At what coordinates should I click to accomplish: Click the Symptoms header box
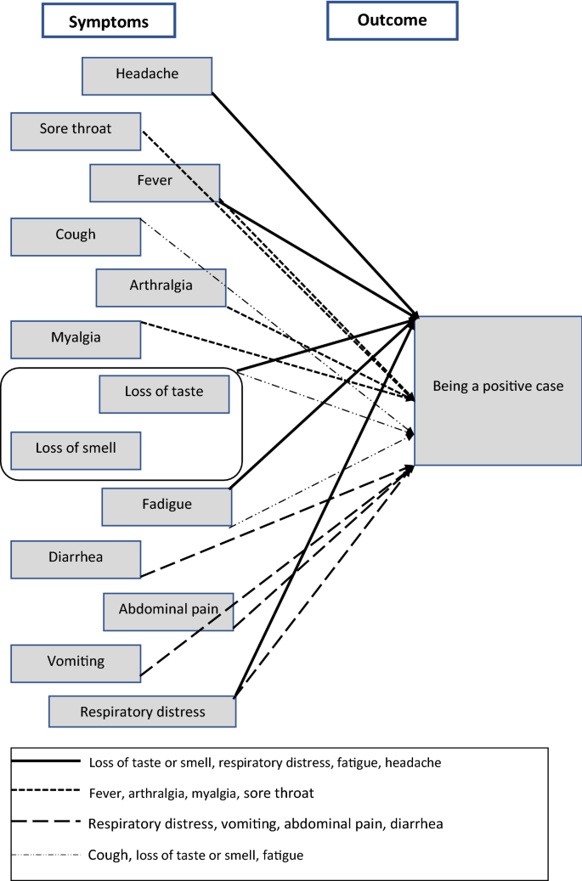109,21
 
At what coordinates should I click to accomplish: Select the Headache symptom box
147,74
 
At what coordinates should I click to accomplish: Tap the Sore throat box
76,130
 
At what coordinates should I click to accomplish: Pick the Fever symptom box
155,181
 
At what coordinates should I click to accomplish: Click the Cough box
76,235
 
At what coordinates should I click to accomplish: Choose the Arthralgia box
161,286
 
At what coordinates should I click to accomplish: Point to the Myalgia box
76,338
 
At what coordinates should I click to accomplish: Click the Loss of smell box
76,449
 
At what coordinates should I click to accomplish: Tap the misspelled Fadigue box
167,505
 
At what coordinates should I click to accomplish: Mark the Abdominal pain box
168,610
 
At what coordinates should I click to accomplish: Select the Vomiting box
76,662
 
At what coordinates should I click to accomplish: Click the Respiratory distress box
142,711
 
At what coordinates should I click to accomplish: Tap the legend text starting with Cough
195,856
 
